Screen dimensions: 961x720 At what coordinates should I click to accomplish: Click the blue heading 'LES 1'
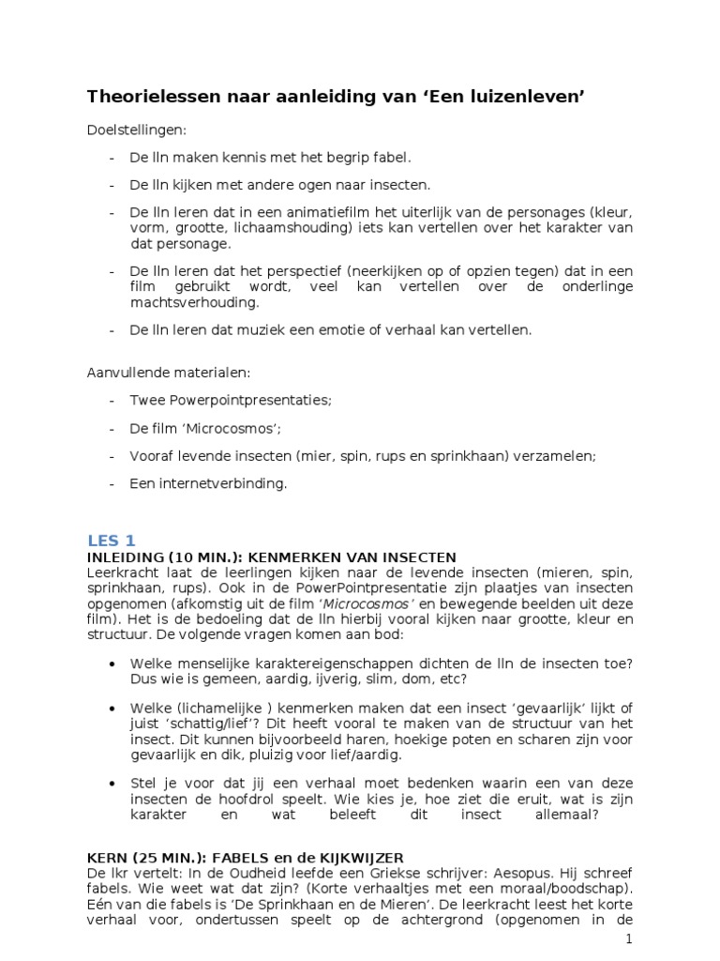pyautogui.click(x=112, y=540)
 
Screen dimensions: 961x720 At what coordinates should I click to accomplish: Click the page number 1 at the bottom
pyautogui.click(x=627, y=939)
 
